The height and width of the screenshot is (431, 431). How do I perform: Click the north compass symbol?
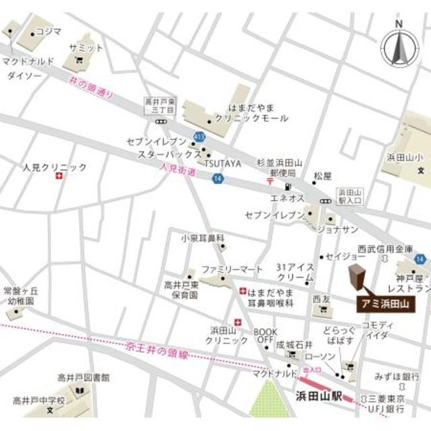399,46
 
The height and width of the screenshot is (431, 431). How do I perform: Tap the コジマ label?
48,30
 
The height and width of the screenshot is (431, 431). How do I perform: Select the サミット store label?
86,48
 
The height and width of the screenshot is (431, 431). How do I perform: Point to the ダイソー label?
25,76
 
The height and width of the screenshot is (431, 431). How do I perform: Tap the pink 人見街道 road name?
178,172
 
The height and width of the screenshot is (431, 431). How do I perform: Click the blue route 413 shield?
199,136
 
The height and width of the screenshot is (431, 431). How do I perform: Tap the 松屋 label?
323,175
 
